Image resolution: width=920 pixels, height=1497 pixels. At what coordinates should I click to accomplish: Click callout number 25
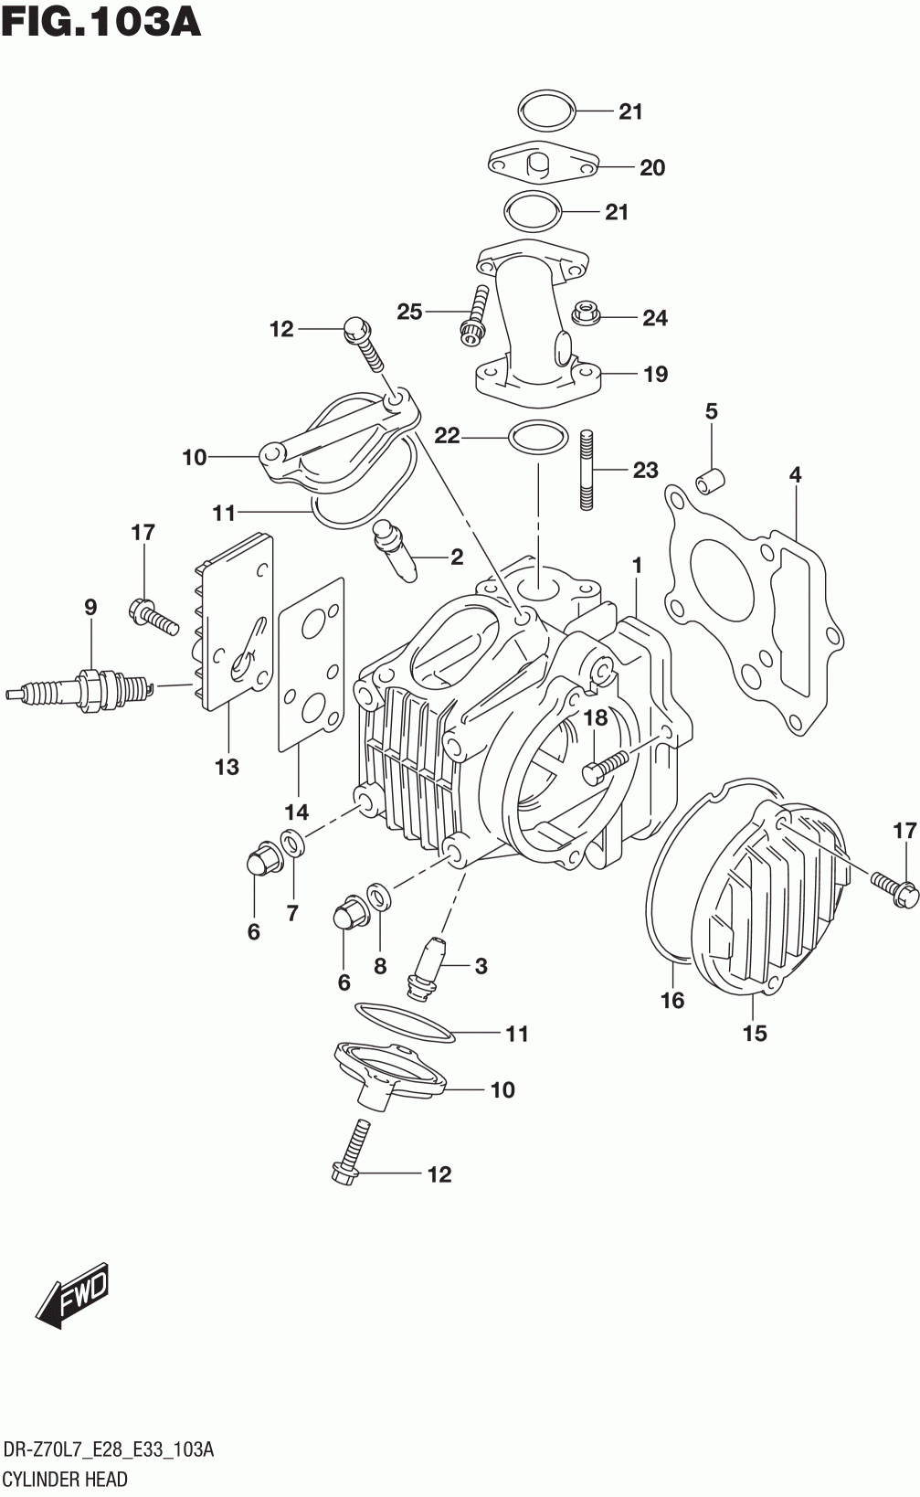[x=409, y=312]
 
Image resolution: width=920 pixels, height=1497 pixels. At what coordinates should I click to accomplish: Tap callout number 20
[x=652, y=167]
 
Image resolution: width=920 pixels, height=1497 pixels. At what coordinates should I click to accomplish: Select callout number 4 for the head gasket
[x=795, y=474]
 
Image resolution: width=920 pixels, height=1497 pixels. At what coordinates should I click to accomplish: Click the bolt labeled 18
[x=606, y=765]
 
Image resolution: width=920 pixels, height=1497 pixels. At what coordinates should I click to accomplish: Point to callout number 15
[x=755, y=1033]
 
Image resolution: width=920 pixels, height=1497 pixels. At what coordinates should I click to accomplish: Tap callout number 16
[x=672, y=1000]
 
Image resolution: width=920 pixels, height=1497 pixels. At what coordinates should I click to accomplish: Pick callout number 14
[x=296, y=812]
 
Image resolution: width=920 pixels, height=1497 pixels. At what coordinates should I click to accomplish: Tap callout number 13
[x=227, y=766]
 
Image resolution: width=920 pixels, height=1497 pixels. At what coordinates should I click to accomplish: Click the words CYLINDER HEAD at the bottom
[x=65, y=1478]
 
